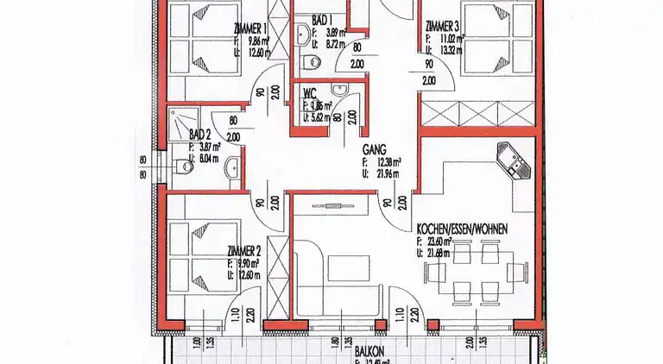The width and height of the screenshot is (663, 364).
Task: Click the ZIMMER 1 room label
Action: pyautogui.click(x=249, y=28)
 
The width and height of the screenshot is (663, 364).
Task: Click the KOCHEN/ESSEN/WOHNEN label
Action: pyautogui.click(x=462, y=229)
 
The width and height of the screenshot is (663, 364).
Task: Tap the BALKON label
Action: pyautogui.click(x=369, y=352)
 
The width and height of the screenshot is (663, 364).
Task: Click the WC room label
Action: pyautogui.click(x=309, y=96)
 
